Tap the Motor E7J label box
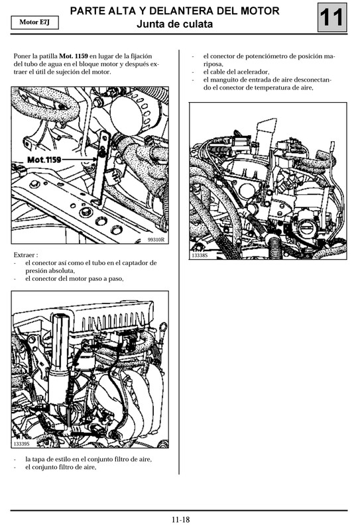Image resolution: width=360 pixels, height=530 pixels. coord(34,23)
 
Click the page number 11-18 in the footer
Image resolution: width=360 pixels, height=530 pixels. coord(180,519)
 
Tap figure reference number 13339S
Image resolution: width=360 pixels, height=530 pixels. coord(23,443)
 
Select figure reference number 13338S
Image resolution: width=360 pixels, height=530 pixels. coord(200,254)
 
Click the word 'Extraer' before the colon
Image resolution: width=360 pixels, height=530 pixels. coord(25,254)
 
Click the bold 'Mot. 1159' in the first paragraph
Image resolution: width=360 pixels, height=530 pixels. coord(74,56)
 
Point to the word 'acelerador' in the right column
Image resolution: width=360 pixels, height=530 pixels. coord(249,72)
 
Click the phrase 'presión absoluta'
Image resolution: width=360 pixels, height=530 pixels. coord(50,270)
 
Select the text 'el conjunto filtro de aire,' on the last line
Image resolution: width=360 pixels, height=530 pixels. coord(60,466)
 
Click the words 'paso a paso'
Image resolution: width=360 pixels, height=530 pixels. coord(105,278)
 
